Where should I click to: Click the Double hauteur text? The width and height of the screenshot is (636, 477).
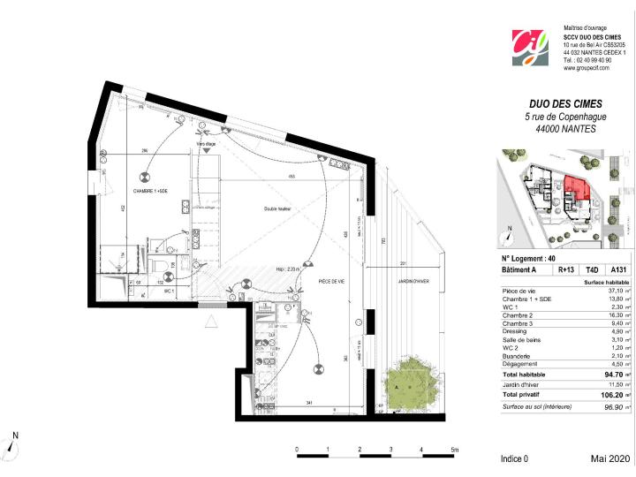(x=277, y=208)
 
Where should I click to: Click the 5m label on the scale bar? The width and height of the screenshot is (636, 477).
(x=454, y=449)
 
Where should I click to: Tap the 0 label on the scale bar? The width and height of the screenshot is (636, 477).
(x=298, y=449)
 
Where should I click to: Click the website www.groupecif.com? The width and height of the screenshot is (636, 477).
(x=588, y=67)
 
